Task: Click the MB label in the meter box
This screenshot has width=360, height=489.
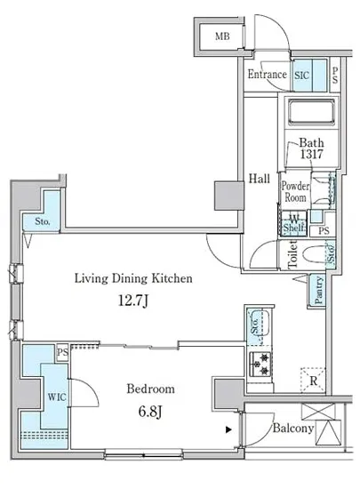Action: (x=222, y=36)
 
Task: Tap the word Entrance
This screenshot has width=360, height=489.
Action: (x=268, y=74)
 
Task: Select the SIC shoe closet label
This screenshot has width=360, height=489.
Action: (x=301, y=76)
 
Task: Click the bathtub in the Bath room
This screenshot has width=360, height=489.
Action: (x=311, y=112)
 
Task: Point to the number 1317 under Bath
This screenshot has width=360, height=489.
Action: (x=311, y=154)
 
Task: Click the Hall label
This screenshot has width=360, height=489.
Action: (x=259, y=179)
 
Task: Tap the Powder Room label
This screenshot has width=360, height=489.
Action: (x=295, y=191)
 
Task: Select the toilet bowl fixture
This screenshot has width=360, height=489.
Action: (x=315, y=256)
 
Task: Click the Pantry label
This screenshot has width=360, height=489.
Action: (x=318, y=290)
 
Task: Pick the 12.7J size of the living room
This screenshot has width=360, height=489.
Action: (x=133, y=301)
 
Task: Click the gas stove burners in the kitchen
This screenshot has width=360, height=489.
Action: (x=260, y=364)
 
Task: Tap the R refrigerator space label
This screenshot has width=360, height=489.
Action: (x=314, y=381)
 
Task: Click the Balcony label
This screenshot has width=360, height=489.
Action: (x=293, y=428)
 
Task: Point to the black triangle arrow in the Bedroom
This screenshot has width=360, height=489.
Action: (x=228, y=429)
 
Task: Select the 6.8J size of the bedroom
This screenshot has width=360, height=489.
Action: (x=150, y=412)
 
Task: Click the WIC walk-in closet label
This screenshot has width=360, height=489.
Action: (x=57, y=397)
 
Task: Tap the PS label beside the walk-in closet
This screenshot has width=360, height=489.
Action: (x=62, y=352)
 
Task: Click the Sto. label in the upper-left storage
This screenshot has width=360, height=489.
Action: (x=43, y=221)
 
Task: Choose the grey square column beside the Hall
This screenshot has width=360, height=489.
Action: (x=229, y=196)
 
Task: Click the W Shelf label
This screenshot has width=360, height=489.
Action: (x=293, y=223)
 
